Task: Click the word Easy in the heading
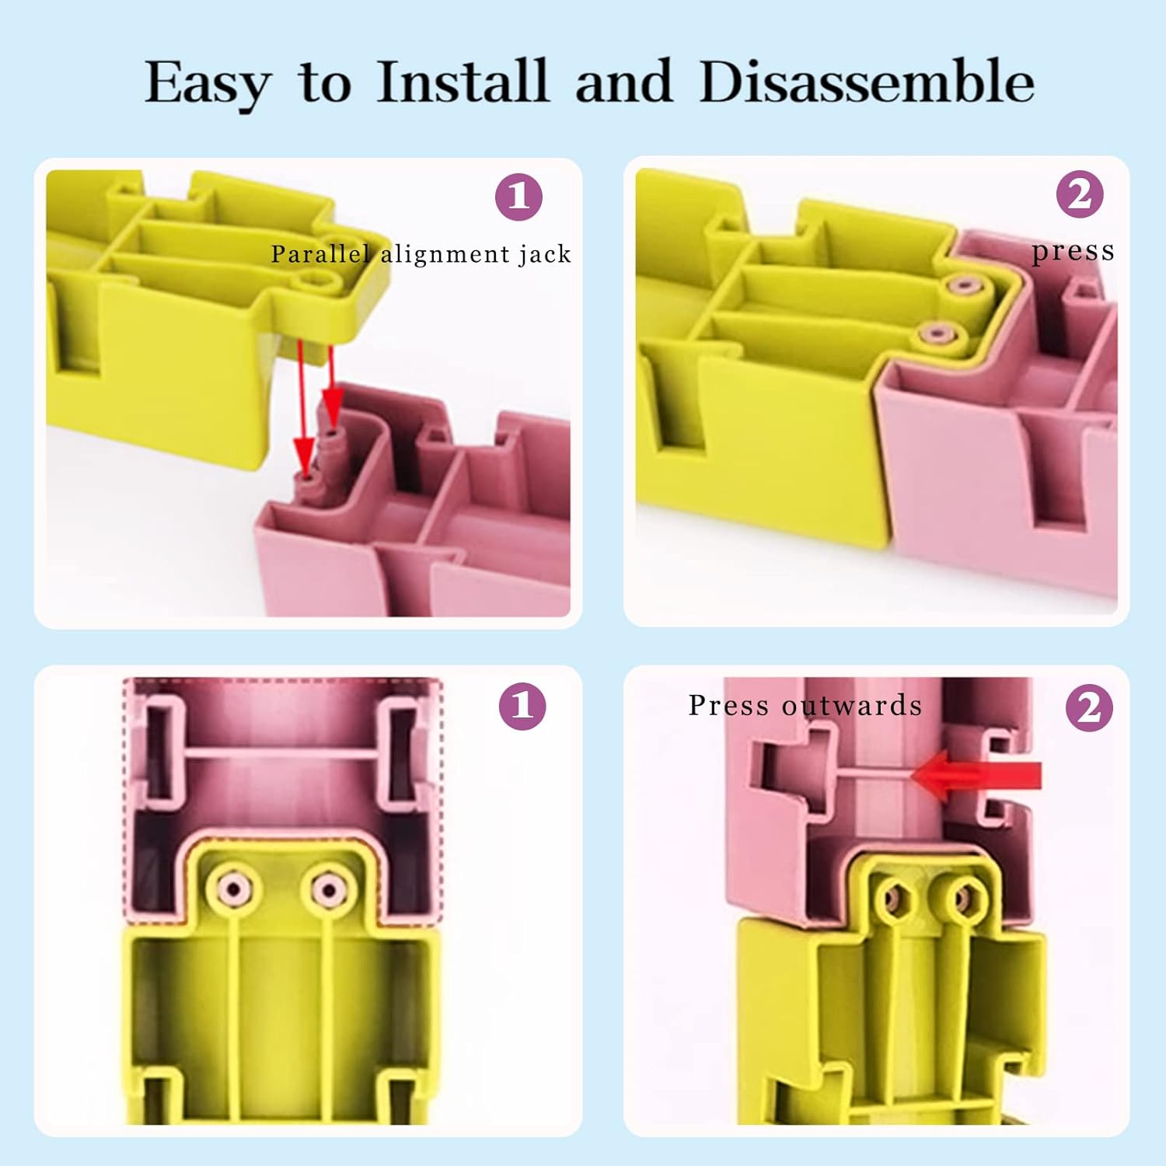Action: (208, 84)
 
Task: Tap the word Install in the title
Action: (463, 81)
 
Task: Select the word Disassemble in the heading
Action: (867, 81)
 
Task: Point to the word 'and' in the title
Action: (623, 81)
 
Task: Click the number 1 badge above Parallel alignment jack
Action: (518, 197)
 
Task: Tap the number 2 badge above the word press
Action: (1080, 194)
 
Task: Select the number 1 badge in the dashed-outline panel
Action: (522, 706)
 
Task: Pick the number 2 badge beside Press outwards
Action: (1089, 707)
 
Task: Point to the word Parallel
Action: (320, 253)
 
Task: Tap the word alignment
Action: (445, 254)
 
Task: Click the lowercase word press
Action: (1073, 252)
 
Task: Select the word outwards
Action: (852, 705)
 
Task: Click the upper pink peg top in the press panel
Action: (964, 285)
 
